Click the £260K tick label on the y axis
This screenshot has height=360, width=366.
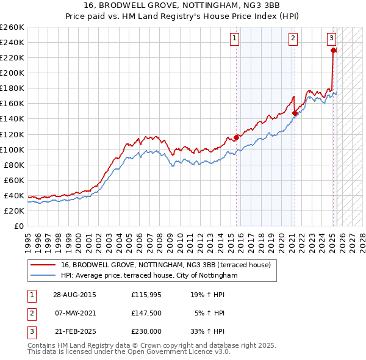pyautogui.click(x=12, y=27)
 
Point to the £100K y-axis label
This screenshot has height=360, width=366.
pyautogui.click(x=12, y=149)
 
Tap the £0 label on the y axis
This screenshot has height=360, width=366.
pyautogui.click(x=19, y=226)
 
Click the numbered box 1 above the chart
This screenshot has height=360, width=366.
pyautogui.click(x=235, y=38)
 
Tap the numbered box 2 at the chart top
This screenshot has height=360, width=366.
pyautogui.click(x=293, y=38)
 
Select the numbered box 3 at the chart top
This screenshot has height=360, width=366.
pyautogui.click(x=331, y=38)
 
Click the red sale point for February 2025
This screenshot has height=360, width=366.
pyautogui.click(x=333, y=51)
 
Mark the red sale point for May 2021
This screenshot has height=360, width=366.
pyautogui.click(x=295, y=113)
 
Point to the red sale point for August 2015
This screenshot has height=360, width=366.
pyautogui.click(x=237, y=137)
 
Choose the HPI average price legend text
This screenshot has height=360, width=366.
pyautogui.click(x=149, y=275)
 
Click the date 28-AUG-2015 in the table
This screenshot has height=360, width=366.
pyautogui.click(x=74, y=295)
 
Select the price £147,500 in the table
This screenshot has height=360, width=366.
pyautogui.click(x=146, y=313)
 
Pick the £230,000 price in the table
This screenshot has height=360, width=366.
pyautogui.click(x=146, y=331)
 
